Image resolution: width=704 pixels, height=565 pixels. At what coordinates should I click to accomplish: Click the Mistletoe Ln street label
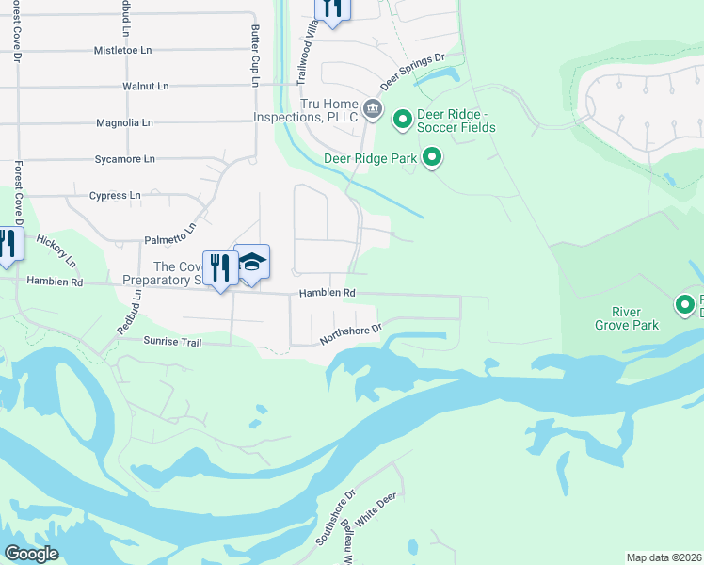point(123,49)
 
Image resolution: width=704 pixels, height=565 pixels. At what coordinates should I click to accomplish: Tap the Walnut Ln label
point(145,86)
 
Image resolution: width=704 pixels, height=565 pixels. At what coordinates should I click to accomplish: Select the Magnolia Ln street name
point(124,122)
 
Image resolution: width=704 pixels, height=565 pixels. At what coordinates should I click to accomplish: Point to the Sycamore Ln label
point(124,159)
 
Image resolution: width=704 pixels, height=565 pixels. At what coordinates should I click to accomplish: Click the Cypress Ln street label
point(114,196)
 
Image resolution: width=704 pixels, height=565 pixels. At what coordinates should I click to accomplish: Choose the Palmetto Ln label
point(170,234)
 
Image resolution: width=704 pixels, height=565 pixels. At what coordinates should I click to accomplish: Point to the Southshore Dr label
point(335,518)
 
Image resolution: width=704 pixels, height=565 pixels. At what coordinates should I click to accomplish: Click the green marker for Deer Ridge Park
point(432,157)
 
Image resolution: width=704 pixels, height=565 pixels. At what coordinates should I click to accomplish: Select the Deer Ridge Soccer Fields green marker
point(402,119)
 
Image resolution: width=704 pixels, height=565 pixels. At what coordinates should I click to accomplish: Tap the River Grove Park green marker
point(685,303)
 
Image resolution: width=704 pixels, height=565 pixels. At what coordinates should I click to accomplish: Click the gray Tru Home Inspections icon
point(373,109)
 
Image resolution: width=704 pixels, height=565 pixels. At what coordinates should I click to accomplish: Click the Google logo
point(31,553)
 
